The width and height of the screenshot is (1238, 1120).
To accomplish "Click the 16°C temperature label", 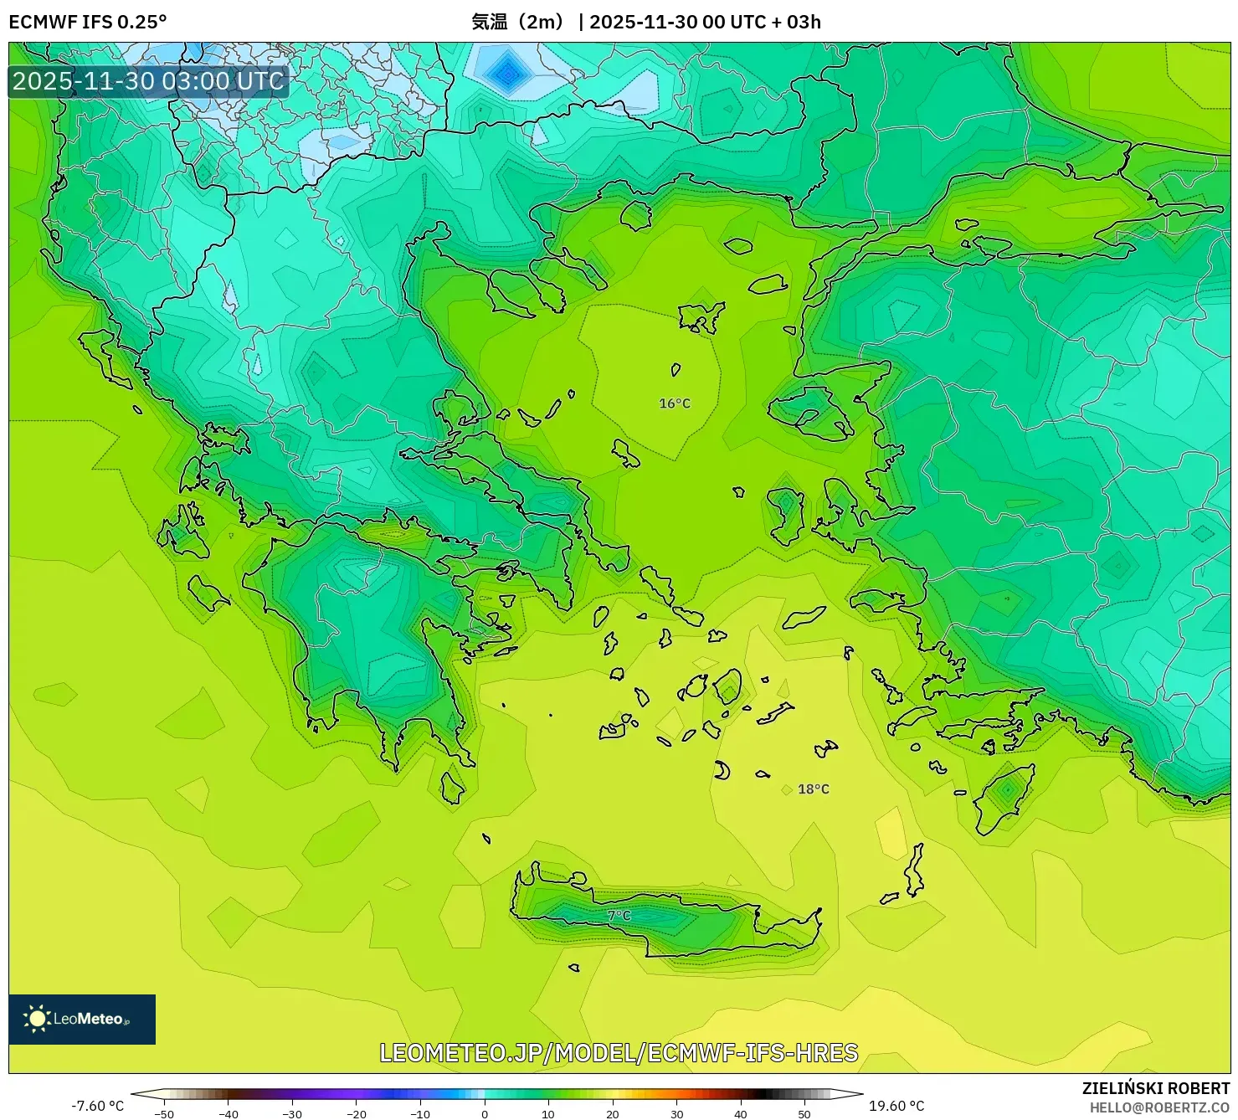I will tap(675, 403).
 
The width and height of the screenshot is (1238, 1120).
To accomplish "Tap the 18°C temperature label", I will tap(813, 789).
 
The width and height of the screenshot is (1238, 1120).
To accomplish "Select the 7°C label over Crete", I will tap(619, 916).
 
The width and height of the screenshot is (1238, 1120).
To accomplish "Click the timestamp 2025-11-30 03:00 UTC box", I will tap(148, 81).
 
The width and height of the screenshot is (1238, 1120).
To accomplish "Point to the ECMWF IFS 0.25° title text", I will tap(88, 22).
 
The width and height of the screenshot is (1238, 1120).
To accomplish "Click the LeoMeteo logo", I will tap(82, 1019).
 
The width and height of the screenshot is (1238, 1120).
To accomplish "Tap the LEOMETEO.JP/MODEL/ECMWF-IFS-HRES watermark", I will tap(619, 1053).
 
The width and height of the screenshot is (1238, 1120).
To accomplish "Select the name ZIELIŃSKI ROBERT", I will tap(1155, 1088).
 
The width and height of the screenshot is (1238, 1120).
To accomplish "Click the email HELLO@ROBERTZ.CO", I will tap(1159, 1107).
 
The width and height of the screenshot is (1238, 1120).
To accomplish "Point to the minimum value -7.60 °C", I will tap(97, 1106).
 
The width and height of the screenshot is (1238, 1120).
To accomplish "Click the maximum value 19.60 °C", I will tap(896, 1106).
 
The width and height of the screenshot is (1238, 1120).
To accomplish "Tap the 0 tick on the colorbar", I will tap(485, 1113).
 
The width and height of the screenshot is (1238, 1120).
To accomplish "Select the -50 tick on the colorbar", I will tap(164, 1113).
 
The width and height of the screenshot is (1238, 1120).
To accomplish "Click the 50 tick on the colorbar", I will tap(804, 1113).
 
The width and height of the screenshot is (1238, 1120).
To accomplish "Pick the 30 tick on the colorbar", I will tap(676, 1113).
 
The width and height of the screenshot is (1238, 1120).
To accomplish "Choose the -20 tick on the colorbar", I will tap(357, 1113).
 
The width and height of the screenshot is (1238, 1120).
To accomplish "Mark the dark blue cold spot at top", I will tap(506, 74).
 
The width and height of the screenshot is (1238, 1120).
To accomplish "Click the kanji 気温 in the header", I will tap(490, 22).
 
